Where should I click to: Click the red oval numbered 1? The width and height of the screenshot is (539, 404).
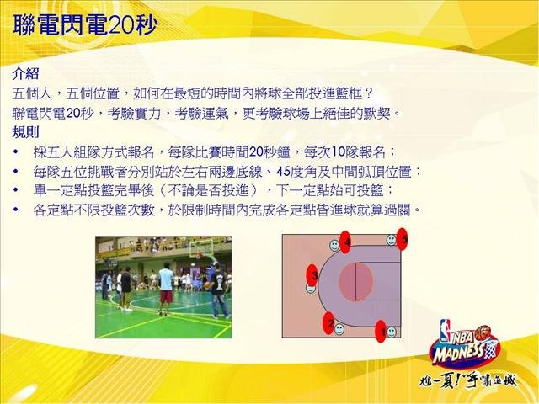pos(381,331)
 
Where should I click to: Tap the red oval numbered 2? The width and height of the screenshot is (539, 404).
pos(329,322)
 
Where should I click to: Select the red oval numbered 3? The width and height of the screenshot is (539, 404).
pos(312,275)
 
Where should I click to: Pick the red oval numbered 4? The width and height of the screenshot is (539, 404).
pos(345,242)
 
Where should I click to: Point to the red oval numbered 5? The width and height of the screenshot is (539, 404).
pos(403,238)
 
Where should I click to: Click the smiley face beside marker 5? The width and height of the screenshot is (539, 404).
pos(391,239)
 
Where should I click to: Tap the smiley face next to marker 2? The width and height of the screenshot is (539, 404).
pos(339,329)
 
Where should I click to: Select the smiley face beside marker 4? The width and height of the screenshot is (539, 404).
pos(334,245)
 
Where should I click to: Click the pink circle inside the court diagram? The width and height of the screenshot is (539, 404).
pos(355,281)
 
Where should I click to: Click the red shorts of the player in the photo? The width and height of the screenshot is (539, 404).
pos(167,296)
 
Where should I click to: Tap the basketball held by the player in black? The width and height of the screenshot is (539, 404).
pos(207,284)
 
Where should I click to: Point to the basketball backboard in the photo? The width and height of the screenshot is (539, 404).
pos(200,247)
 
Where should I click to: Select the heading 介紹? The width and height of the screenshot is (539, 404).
pos(25,73)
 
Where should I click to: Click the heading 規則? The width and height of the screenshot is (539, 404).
pos(25,132)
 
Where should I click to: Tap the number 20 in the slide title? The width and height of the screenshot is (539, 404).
pos(122,25)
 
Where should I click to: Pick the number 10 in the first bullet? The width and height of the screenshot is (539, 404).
pos(338,151)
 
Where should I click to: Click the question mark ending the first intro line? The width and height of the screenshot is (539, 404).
pos(369,93)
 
